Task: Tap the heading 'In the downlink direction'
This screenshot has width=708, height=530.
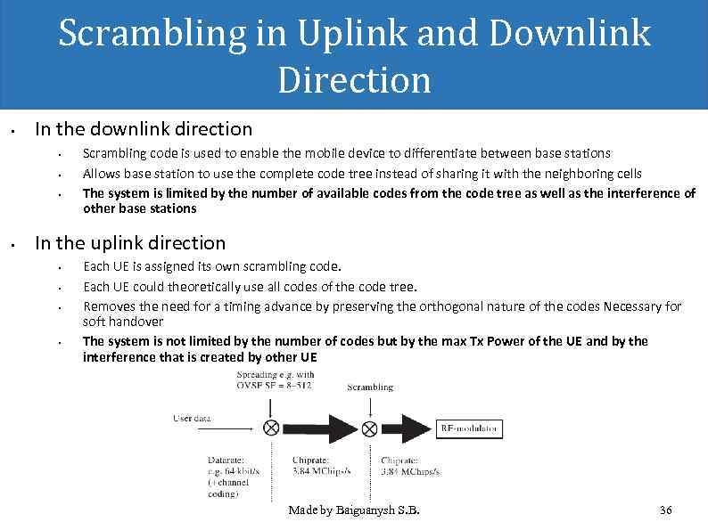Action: (x=144, y=130)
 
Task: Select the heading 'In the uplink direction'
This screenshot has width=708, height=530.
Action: (x=130, y=242)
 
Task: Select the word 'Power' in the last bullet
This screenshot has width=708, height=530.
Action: (x=513, y=341)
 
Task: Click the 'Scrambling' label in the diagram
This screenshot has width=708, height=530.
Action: (x=369, y=387)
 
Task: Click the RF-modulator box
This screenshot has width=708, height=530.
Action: (x=470, y=428)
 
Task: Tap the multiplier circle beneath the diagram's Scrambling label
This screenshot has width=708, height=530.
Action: (x=369, y=428)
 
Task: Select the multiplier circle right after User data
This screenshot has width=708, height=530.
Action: (x=271, y=428)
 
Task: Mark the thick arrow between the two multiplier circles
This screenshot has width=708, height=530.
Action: (x=320, y=428)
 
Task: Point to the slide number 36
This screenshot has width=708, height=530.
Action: (x=664, y=510)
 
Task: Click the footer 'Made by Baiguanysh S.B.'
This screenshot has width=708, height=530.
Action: (x=354, y=510)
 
